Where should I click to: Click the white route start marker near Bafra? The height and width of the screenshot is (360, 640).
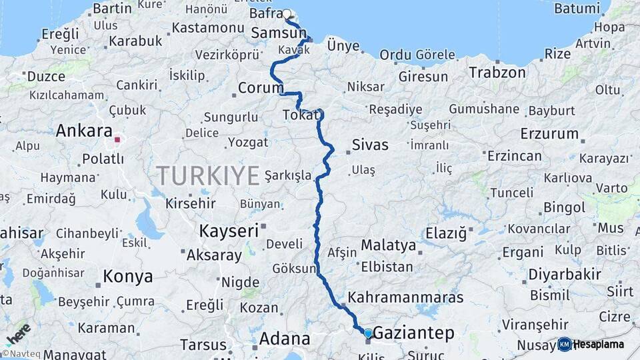287,14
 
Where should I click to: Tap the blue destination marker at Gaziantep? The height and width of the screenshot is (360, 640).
368,333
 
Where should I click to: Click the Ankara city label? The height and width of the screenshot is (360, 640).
83,131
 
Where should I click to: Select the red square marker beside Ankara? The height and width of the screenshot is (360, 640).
117,140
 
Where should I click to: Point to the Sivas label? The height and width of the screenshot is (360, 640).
370,145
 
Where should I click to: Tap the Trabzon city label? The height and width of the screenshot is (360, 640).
497,72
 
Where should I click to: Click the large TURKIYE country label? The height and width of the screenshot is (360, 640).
207,176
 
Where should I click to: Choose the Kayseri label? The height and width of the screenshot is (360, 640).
229,231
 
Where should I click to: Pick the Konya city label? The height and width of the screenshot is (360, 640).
127,276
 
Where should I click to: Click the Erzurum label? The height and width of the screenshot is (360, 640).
549,133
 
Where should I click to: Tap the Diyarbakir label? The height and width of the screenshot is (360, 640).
565,274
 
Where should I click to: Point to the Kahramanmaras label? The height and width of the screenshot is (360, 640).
405,297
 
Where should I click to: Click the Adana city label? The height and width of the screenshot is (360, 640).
285,339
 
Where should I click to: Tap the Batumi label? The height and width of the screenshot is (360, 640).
577,9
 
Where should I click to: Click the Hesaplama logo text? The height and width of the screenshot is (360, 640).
599,345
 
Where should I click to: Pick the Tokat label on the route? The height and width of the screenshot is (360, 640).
301,115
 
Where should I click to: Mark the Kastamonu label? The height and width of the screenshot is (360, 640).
207,28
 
